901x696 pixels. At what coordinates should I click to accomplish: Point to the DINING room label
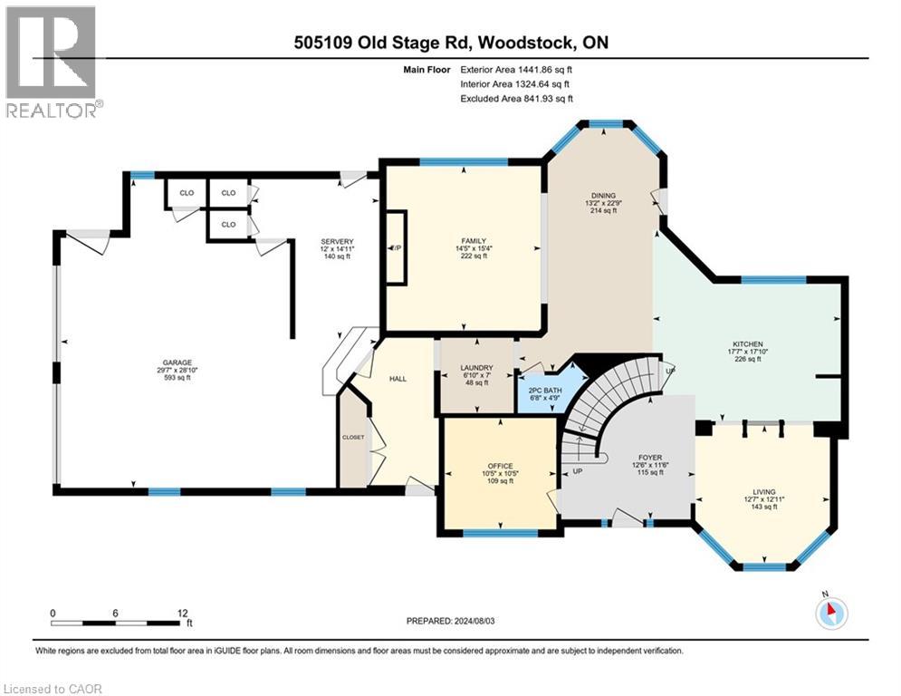point(603,196)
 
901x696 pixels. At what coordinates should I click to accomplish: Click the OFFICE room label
point(500,469)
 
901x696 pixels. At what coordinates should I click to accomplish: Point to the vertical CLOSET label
point(353,437)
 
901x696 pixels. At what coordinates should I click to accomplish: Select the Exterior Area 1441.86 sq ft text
point(516,68)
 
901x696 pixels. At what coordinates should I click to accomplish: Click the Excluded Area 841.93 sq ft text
point(516,99)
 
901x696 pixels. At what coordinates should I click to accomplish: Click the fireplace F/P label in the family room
point(396,247)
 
